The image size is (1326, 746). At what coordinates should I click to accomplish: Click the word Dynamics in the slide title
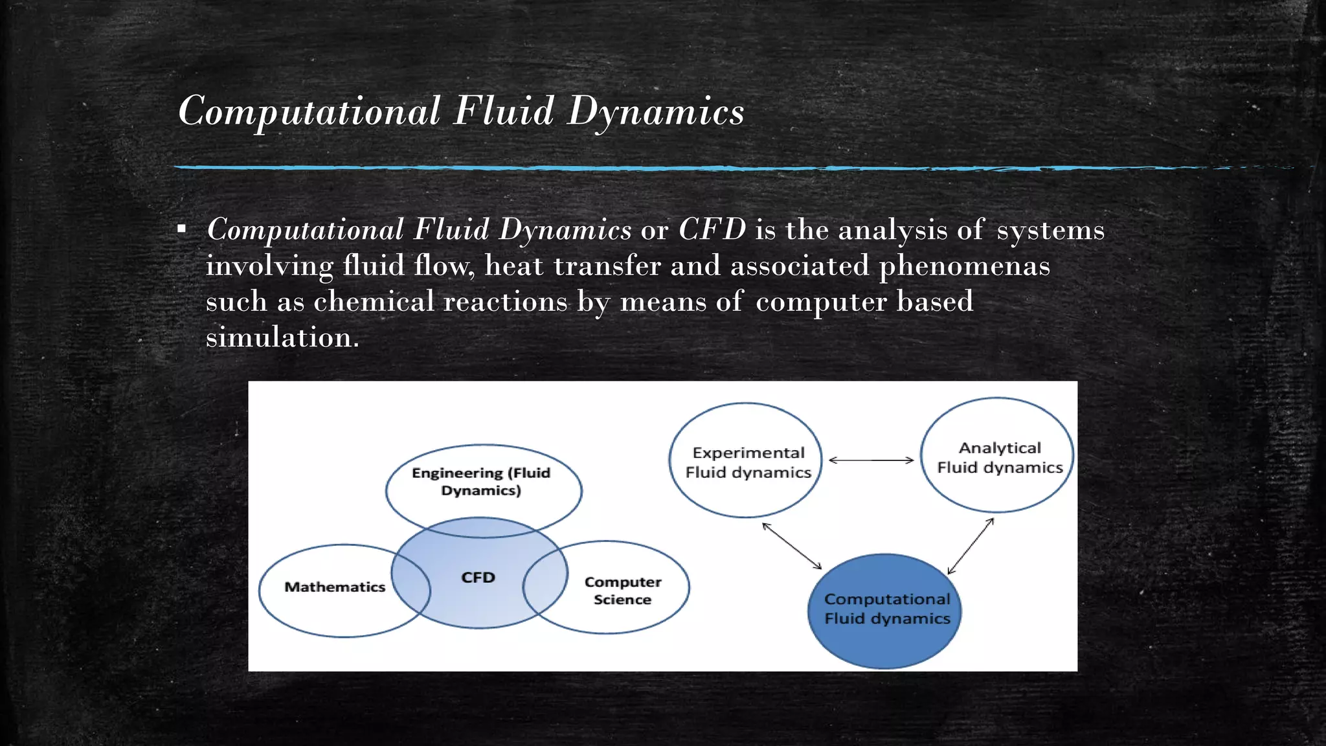pos(655,111)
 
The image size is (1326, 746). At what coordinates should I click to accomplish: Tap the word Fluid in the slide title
pos(503,111)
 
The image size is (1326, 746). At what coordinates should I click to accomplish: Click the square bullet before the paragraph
pos(182,229)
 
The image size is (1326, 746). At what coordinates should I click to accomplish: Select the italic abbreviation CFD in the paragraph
pos(712,230)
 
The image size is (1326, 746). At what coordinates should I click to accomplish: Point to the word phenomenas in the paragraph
pos(963,266)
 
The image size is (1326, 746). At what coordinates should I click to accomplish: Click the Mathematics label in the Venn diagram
pos(335,587)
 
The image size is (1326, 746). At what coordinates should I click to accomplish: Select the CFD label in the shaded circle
pos(478,578)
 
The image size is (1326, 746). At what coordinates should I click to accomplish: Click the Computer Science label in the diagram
pos(623,591)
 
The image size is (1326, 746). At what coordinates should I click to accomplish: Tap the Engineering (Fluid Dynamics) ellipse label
pos(481,481)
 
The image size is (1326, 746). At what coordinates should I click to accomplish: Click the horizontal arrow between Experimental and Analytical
pos(871,460)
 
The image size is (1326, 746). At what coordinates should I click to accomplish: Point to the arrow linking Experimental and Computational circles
pos(792,546)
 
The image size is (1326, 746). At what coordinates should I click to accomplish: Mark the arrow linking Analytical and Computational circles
pos(970,547)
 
